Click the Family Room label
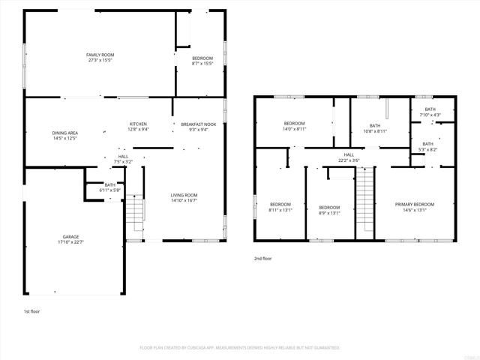pyautogui.click(x=100, y=55)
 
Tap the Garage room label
pyautogui.click(x=70, y=237)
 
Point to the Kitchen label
pyautogui.click(x=138, y=124)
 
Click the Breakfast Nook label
pyautogui.click(x=199, y=124)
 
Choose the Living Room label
pyautogui.click(x=184, y=195)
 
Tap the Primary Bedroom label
pyautogui.click(x=415, y=204)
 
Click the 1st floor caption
pyautogui.click(x=31, y=310)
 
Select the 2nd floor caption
pyautogui.click(x=262, y=258)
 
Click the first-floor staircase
pyautogui.click(x=133, y=215)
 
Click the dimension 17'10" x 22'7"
pyautogui.click(x=70, y=242)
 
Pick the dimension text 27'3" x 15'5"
pyautogui.click(x=100, y=61)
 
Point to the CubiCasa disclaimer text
pyautogui.click(x=240, y=348)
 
